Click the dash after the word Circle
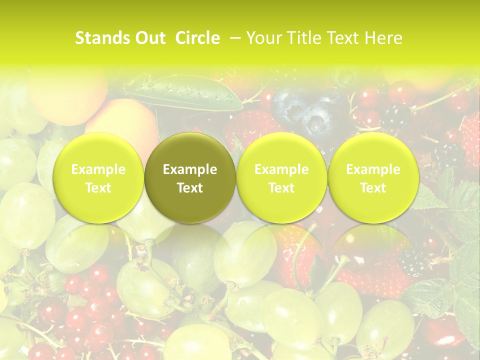point(233,38)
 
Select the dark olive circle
point(190,178)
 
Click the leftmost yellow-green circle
point(98,178)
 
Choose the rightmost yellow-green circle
point(373,178)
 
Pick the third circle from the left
point(281,178)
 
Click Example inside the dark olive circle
point(190,169)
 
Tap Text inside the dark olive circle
point(190,188)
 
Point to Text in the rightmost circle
point(373,188)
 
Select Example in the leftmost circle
point(98,169)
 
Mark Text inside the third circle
point(281,188)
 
